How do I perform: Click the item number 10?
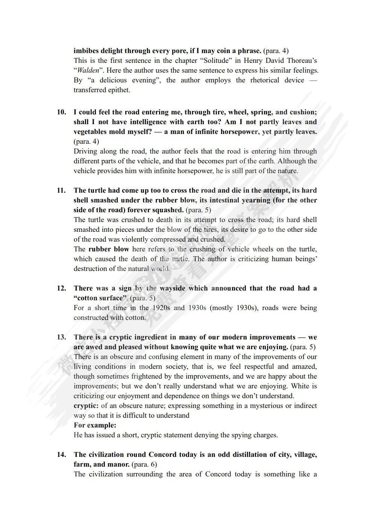point(61,112)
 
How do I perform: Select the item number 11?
point(61,190)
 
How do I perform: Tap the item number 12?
point(61,288)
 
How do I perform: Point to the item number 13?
point(61,337)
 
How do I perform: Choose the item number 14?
point(61,455)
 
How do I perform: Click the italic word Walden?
point(88,70)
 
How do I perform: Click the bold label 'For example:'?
point(95,425)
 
